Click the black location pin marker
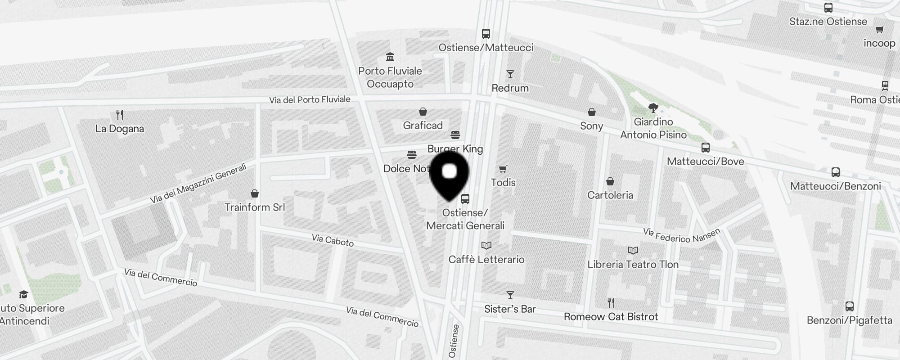click(x=450, y=175)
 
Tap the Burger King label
click(x=455, y=148)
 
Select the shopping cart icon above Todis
click(x=503, y=169)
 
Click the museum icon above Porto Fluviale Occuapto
click(x=390, y=57)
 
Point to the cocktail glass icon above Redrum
click(x=510, y=74)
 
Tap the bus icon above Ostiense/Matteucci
click(x=486, y=34)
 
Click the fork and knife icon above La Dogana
click(x=120, y=115)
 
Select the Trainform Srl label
click(x=255, y=207)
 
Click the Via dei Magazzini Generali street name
click(x=198, y=184)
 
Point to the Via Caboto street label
click(x=333, y=240)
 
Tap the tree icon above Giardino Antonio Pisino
click(x=653, y=108)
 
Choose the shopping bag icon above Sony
click(x=592, y=112)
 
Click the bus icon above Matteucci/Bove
click(x=705, y=148)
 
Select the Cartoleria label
click(x=610, y=195)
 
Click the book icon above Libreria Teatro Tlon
click(x=633, y=251)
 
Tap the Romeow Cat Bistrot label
click(x=611, y=317)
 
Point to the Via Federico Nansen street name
click(x=681, y=235)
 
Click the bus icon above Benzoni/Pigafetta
click(x=849, y=306)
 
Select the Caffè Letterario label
click(x=486, y=259)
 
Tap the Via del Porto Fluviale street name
click(x=310, y=99)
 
